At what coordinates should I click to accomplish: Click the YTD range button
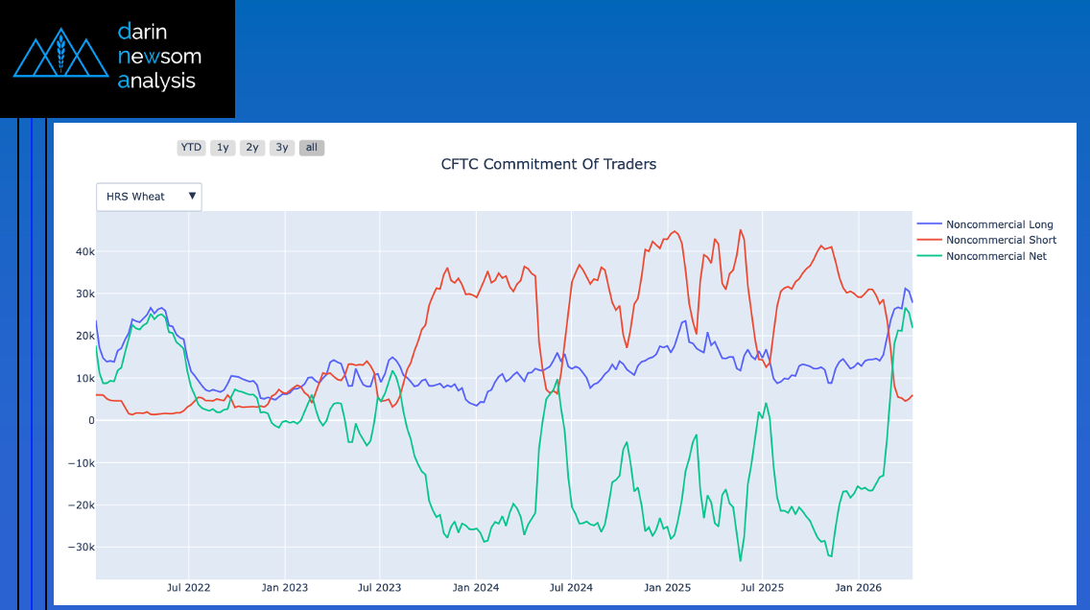coord(191,148)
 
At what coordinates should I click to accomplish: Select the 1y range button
coord(223,148)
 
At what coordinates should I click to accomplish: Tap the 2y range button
coord(252,148)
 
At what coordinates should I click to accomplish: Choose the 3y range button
coord(282,148)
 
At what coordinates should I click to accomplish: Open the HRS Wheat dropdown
coord(149,197)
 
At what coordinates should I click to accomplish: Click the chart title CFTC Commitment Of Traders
coord(549,164)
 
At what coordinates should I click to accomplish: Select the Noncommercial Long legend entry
coord(999,224)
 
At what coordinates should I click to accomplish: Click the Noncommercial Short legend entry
coord(1001,240)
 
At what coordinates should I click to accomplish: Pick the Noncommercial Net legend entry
coord(996,256)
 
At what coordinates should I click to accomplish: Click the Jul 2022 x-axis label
coord(188,587)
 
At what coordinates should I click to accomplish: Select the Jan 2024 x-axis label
coord(475,587)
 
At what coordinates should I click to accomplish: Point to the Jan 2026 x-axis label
coord(858,587)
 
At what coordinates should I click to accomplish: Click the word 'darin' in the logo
coord(142,32)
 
